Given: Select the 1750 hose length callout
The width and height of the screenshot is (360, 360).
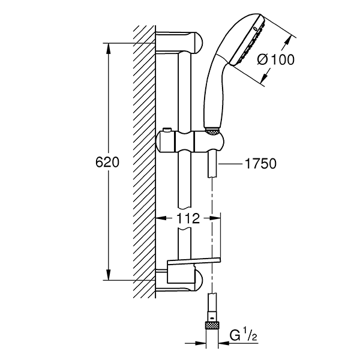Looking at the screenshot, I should click(x=259, y=163).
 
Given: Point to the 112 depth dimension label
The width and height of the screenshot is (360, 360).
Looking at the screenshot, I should click(x=188, y=220).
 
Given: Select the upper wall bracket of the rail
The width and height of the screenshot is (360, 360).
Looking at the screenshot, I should click(x=180, y=42).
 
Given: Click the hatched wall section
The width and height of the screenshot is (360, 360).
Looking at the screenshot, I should click(x=144, y=162).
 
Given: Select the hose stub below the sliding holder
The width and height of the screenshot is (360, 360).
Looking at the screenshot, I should click(x=213, y=165).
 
